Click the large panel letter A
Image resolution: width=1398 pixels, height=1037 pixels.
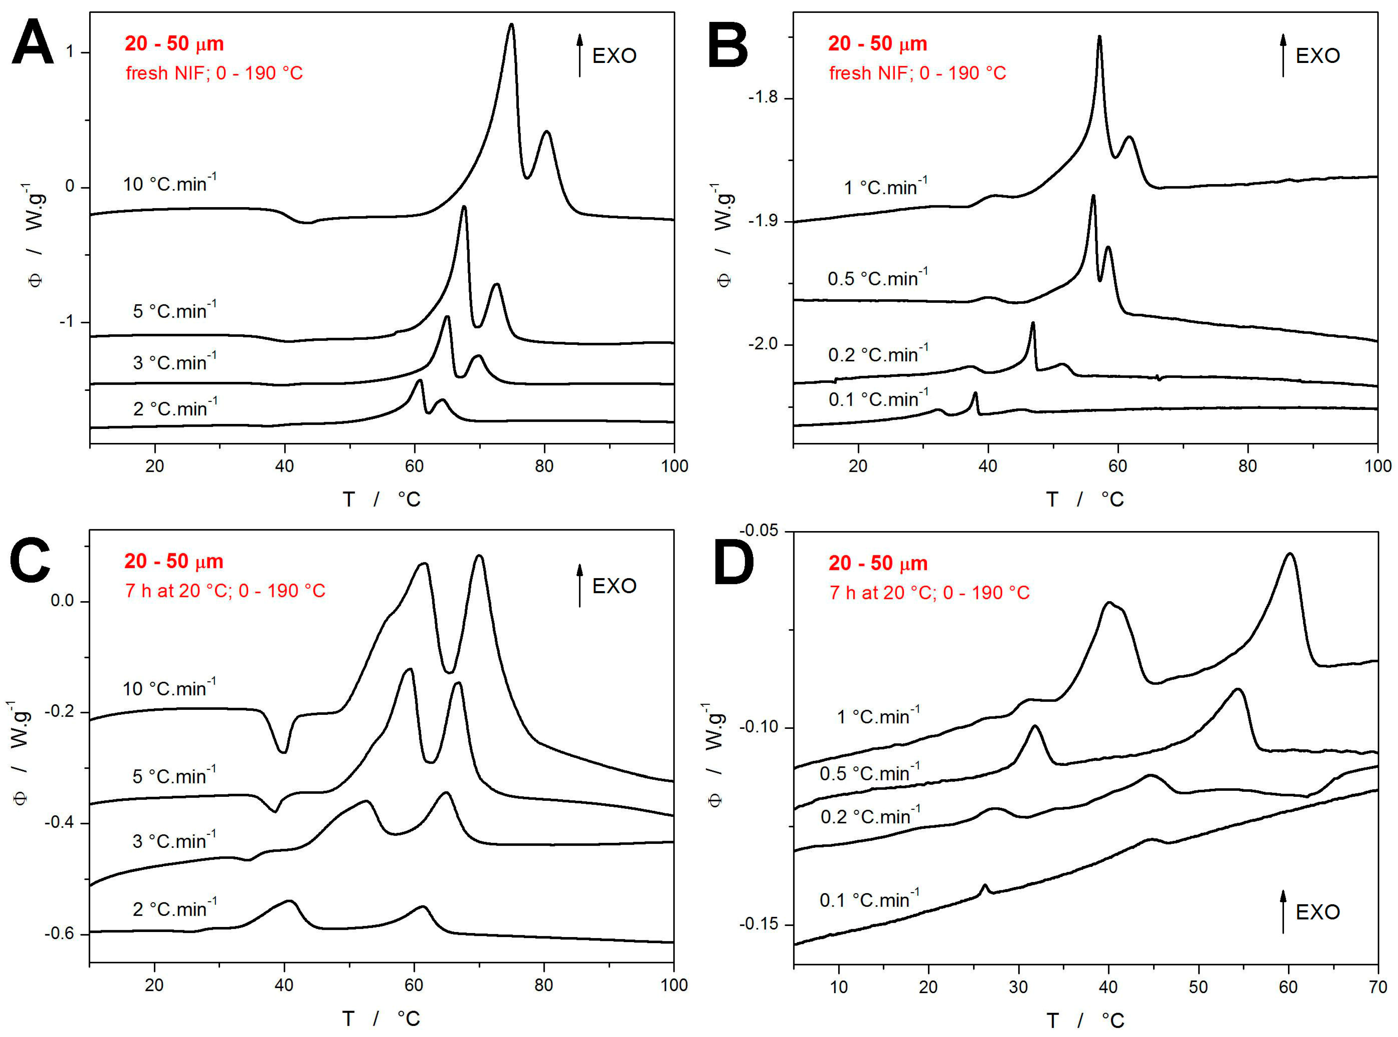(33, 43)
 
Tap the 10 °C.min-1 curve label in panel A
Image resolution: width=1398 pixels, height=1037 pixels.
(169, 184)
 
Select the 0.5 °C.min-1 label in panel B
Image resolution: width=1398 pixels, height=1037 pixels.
(877, 278)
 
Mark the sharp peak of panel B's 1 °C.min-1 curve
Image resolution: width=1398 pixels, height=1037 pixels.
(1099, 38)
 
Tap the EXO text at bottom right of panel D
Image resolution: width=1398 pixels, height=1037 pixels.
(1318, 912)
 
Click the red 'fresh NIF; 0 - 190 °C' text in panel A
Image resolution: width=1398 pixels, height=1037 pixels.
(214, 73)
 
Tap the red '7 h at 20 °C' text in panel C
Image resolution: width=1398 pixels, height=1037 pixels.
(225, 591)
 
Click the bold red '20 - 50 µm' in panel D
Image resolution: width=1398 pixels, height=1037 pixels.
(878, 563)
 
